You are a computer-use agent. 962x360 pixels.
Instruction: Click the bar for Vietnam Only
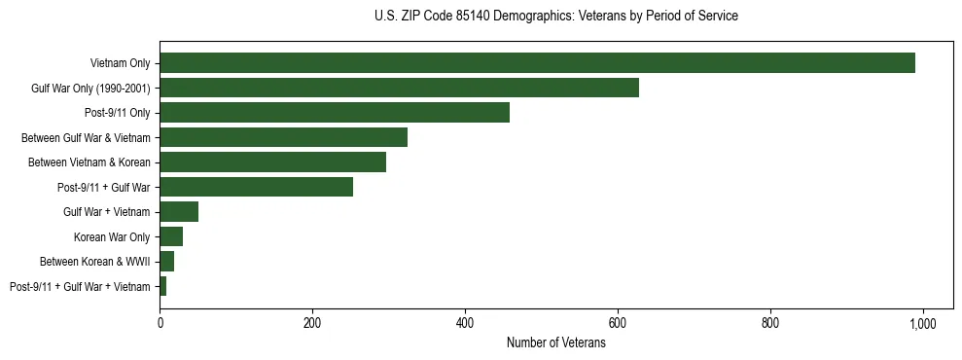tap(537, 63)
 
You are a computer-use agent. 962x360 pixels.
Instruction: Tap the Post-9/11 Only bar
tap(335, 113)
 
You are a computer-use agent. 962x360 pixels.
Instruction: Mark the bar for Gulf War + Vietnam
tap(179, 212)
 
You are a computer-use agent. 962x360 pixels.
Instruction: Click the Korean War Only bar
tap(171, 236)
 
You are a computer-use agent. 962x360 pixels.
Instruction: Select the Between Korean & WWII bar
tap(167, 262)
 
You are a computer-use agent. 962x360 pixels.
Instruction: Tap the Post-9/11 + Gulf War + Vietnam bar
tap(163, 286)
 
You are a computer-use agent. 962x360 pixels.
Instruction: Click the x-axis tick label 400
tap(465, 322)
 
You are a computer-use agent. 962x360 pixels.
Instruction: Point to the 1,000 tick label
tap(922, 322)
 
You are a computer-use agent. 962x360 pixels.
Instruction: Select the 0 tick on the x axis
tap(160, 322)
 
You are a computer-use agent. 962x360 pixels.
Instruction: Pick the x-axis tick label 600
tap(618, 322)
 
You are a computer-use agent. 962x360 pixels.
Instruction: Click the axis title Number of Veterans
tap(555, 342)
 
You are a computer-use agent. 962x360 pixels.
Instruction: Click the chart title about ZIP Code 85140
tap(555, 17)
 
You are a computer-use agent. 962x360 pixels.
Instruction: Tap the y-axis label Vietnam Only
tap(120, 64)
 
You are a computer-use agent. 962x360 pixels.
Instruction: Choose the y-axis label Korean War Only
tap(112, 237)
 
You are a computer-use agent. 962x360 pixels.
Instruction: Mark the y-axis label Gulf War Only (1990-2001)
tap(90, 89)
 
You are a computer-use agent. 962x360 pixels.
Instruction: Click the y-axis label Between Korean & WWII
tap(95, 262)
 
